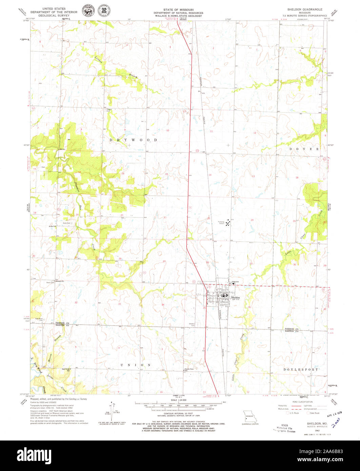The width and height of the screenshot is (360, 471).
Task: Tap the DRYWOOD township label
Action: coord(133,140)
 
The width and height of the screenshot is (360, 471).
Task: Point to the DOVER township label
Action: coord(304,149)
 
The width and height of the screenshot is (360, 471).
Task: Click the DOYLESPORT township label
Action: coord(301,370)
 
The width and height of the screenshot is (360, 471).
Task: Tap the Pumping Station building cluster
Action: coord(228,223)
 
